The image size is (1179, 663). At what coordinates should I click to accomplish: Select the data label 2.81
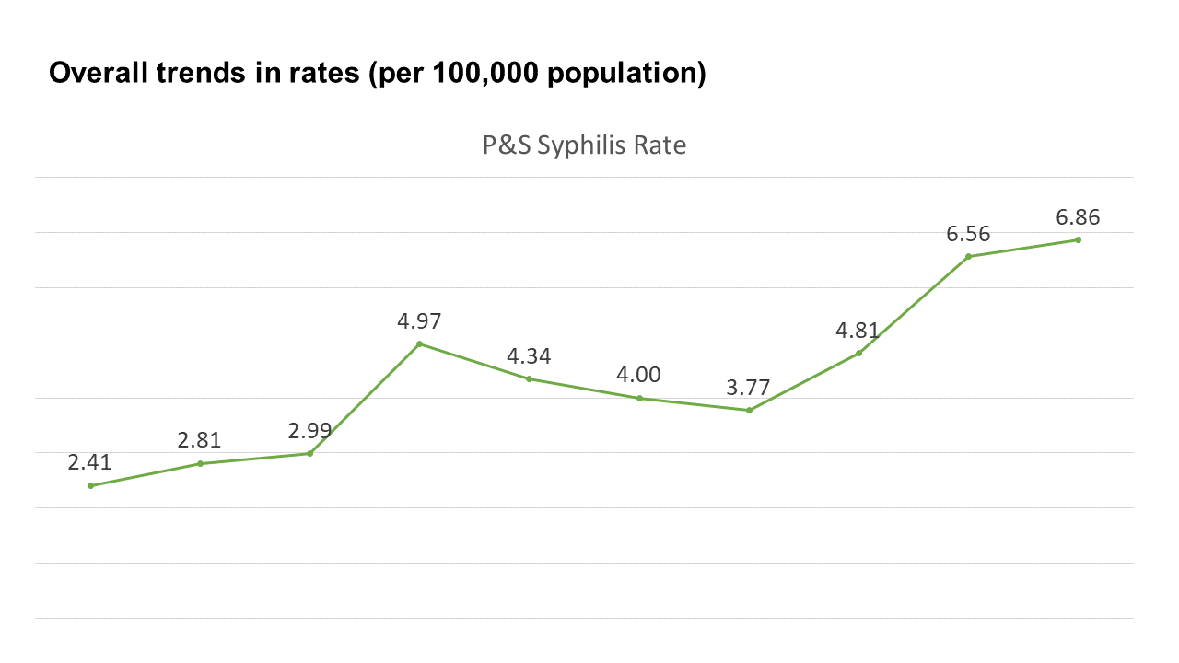[x=199, y=440]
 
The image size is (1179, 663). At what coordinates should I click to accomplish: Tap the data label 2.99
[x=309, y=430]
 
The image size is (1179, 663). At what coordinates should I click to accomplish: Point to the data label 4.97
[x=419, y=321]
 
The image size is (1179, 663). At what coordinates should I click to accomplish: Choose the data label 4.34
[x=529, y=355]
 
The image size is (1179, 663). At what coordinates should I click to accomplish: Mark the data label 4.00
[x=639, y=375]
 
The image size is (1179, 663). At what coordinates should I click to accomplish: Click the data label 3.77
[x=749, y=388]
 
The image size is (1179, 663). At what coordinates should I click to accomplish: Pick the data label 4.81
[x=858, y=331]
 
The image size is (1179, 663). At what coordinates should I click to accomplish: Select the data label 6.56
[x=968, y=234]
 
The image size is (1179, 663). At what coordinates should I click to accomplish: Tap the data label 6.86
[x=1078, y=217]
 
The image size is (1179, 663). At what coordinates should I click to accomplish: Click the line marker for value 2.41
[x=90, y=485]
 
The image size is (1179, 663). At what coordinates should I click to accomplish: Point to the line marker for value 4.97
[x=419, y=343]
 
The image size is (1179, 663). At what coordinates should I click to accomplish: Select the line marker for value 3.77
[x=749, y=410]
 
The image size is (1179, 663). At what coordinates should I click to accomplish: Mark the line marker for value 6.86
[x=1078, y=240]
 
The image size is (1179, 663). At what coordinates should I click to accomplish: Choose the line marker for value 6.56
[x=968, y=256]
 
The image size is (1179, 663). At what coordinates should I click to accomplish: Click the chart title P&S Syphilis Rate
[x=584, y=145]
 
